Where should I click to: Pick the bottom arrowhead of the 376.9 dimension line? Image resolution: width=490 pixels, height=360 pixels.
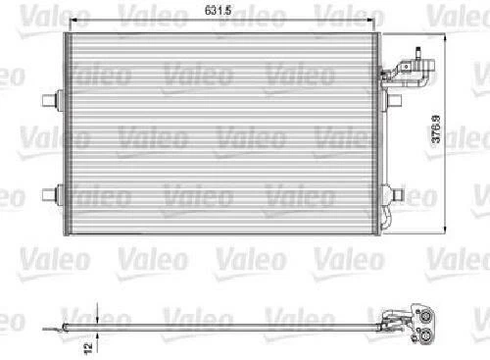point(446,232)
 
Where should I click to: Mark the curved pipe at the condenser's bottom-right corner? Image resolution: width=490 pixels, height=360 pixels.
point(389,222)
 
